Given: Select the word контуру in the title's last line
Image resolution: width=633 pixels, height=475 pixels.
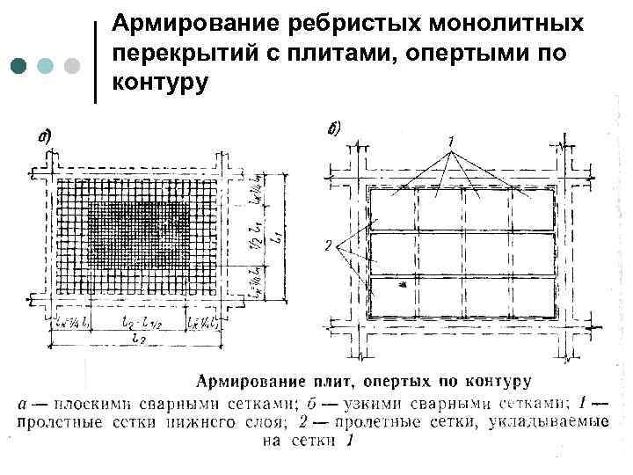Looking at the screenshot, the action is tap(160, 82).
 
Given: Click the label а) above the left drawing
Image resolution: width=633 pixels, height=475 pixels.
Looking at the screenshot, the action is tap(43, 136).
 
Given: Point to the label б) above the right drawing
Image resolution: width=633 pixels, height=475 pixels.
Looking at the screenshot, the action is tap(334, 130).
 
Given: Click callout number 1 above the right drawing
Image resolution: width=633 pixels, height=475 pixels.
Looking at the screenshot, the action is tap(449, 142).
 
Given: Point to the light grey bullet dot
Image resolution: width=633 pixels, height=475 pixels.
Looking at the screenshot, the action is tap(72, 66).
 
